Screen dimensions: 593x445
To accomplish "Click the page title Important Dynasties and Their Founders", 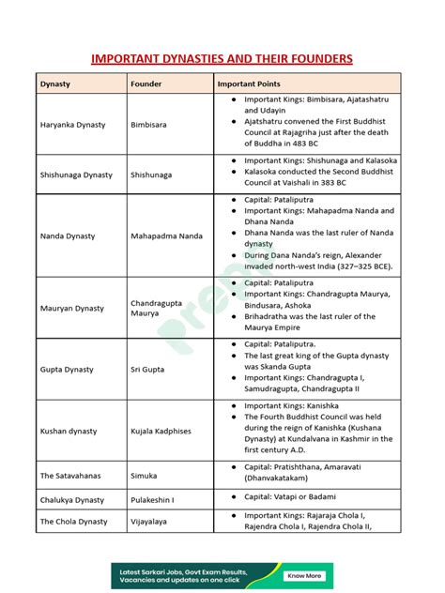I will [222, 59].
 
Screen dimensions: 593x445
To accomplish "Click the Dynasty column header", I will [54, 84].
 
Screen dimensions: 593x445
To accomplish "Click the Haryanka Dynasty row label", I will [72, 125].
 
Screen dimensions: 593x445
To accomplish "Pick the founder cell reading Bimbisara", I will [151, 125].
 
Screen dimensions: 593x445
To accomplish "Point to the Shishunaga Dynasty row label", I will [76, 175].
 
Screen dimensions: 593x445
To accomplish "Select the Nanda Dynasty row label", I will [68, 236].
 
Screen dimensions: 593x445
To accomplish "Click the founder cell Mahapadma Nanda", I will [166, 236].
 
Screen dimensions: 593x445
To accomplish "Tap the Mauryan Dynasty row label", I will [72, 308].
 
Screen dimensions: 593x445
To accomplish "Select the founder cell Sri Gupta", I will [148, 370].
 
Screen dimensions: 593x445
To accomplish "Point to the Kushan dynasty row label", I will [69, 432].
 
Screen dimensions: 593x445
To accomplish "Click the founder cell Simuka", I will [145, 476].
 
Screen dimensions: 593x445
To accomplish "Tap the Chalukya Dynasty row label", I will [72, 500].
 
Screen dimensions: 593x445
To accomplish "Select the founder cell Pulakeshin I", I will [153, 500].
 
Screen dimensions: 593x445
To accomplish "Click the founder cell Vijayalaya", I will [151, 522].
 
